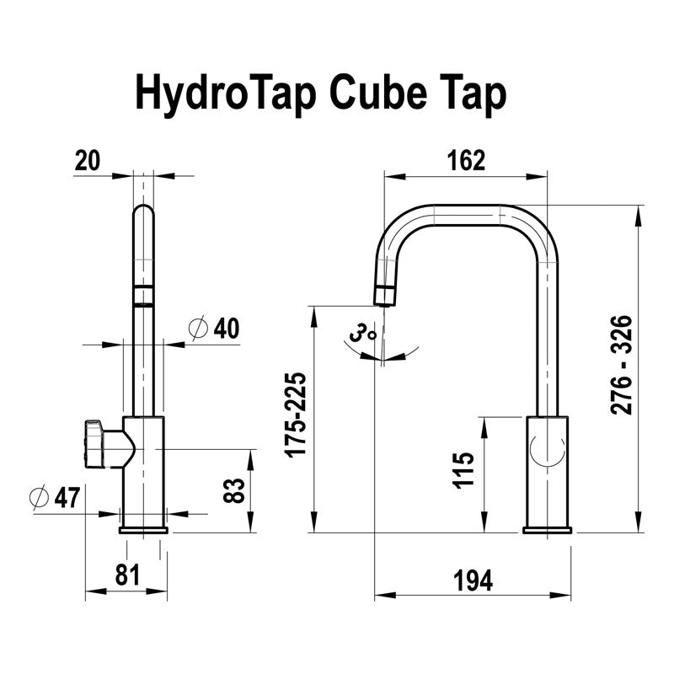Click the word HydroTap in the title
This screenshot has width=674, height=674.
coord(224,94)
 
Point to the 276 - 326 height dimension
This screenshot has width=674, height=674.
coord(622,365)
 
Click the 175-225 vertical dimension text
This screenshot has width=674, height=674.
coord(297,415)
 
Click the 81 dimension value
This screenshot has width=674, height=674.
coord(126,575)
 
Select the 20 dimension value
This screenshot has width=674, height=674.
coord(87,160)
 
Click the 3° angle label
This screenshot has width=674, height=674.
coord(364,334)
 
